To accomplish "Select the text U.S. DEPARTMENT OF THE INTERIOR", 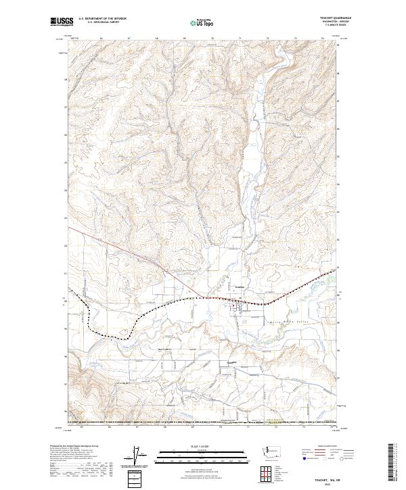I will pos(102,18).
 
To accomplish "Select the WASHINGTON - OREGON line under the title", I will pos(330,22).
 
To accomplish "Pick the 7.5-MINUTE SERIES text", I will pos(331,25).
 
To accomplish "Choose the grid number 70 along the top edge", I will pos(212,39).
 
